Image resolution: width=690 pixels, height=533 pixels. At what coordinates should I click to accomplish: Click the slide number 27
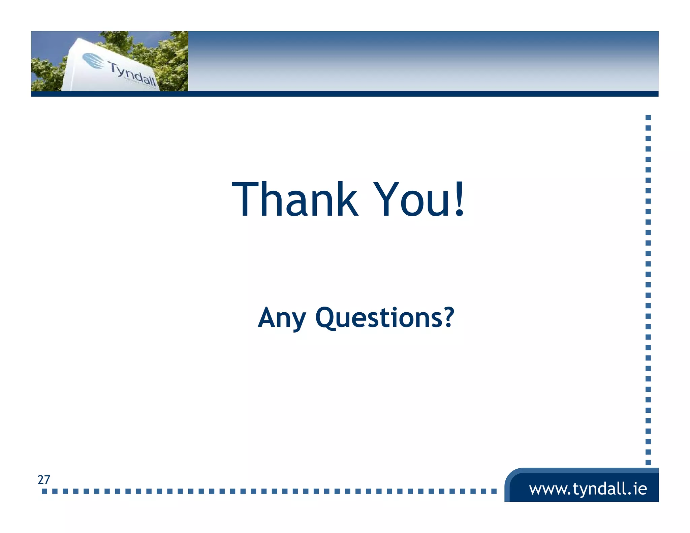[44, 479]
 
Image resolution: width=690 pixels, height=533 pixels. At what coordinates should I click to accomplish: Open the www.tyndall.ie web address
[588, 489]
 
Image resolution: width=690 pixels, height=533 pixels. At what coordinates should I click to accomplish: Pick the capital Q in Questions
[326, 317]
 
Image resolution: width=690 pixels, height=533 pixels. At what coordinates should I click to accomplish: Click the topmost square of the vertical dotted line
[648, 118]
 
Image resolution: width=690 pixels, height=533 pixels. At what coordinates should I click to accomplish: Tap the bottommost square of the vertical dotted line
[648, 462]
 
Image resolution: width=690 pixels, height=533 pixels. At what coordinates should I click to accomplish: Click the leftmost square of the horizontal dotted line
[44, 491]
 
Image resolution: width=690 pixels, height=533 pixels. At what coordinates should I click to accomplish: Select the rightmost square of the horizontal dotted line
[494, 491]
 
